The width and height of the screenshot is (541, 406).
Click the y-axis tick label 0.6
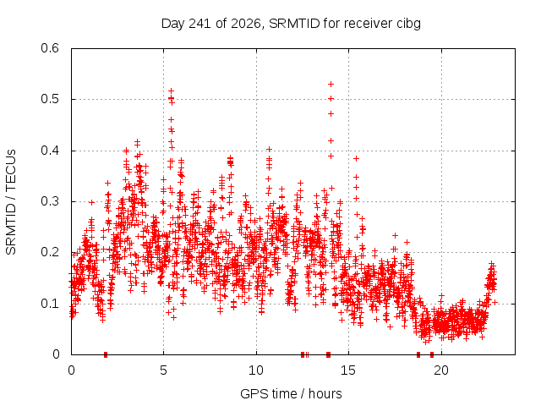[x=50, y=48]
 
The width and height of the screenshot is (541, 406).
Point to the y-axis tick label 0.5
[x=50, y=99]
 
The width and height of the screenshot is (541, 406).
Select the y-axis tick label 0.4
[x=50, y=151]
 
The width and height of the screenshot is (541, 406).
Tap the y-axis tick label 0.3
[x=50, y=201]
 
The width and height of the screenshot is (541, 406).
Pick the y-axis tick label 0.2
[x=50, y=252]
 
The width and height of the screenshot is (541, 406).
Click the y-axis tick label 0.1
[x=50, y=304]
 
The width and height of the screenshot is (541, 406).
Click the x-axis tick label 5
[x=163, y=370]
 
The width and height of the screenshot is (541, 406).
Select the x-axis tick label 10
[x=256, y=370]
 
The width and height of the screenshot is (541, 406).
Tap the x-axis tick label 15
[x=348, y=370]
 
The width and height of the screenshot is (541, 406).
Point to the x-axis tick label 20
[x=441, y=370]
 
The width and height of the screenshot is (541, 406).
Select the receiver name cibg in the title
[x=408, y=25]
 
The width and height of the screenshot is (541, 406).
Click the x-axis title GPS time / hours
[x=291, y=394]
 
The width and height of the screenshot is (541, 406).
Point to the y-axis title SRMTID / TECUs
[x=11, y=202]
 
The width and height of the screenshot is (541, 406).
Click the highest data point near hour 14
[x=331, y=85]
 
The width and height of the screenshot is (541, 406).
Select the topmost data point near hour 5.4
[x=171, y=91]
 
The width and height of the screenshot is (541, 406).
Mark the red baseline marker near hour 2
[x=106, y=354]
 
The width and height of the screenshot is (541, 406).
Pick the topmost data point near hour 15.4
[x=357, y=158]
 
